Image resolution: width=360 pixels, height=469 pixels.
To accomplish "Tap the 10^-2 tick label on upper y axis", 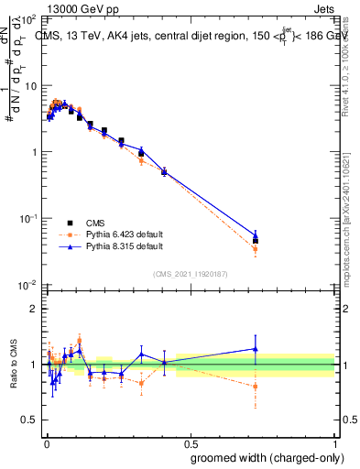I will point(27,285).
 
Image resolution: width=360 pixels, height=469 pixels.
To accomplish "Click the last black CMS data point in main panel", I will point(256,241).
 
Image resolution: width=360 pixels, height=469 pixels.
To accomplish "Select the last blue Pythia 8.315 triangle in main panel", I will point(256,234).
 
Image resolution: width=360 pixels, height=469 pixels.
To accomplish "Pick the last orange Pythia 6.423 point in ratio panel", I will point(256,386).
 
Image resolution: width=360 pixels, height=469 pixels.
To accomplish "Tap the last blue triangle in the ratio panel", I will point(256,349).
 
